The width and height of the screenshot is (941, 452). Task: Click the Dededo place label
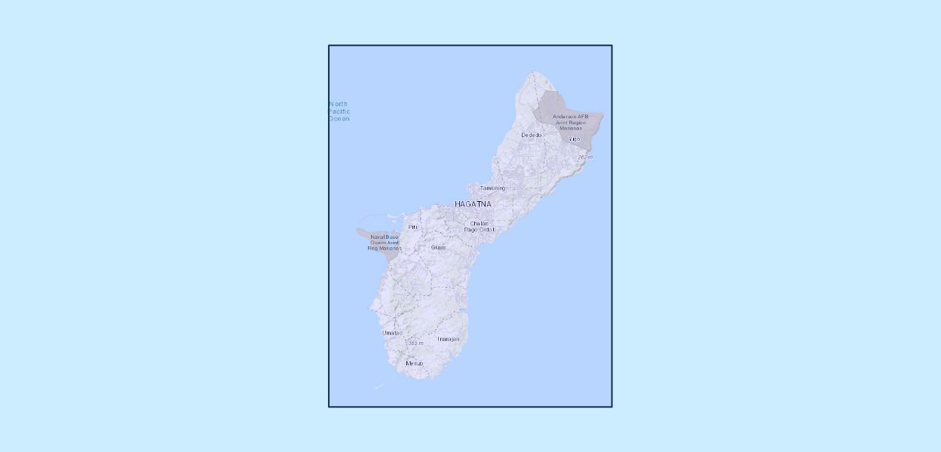[532, 135]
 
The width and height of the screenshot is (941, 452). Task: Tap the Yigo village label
[575, 139]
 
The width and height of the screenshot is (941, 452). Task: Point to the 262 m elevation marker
[585, 157]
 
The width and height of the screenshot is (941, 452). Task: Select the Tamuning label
[493, 188]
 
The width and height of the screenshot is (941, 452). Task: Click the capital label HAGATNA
[473, 204]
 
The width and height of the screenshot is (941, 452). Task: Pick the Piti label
[412, 227]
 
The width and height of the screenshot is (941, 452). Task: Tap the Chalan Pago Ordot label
[479, 226]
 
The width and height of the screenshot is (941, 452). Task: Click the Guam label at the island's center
[438, 247]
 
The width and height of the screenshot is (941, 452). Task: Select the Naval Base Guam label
[385, 242]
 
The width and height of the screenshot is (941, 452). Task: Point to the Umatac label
[392, 332]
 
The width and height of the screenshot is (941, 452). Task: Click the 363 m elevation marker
[415, 343]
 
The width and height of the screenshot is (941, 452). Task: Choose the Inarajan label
[448, 339]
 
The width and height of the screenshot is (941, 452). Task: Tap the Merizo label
[414, 363]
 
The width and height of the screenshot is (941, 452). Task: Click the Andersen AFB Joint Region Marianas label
[570, 122]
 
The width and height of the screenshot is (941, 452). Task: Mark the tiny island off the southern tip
[379, 387]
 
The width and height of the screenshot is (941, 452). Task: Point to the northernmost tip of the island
[534, 72]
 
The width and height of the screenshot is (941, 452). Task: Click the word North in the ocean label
[339, 104]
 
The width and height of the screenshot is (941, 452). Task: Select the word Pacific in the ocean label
[339, 111]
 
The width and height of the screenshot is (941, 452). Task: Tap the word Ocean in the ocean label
[339, 118]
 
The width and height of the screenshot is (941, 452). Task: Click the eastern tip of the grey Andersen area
[603, 115]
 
